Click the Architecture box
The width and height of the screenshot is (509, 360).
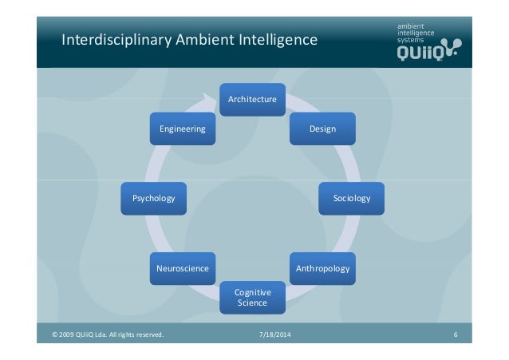tap(252, 100)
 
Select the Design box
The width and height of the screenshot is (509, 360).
tap(323, 129)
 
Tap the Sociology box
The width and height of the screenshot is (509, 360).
tap(352, 198)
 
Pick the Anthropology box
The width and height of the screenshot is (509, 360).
tap(323, 269)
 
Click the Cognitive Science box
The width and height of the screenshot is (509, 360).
tap(252, 298)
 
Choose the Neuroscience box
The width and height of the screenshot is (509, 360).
tap(183, 269)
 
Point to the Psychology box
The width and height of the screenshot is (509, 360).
tap(153, 198)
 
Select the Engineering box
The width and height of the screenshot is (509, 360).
tap(183, 129)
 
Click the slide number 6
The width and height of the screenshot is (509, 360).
tap(455, 334)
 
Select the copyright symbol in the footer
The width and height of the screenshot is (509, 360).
tap(55, 334)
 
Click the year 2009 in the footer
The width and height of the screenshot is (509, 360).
tap(68, 334)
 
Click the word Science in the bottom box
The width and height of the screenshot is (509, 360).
tap(252, 303)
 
